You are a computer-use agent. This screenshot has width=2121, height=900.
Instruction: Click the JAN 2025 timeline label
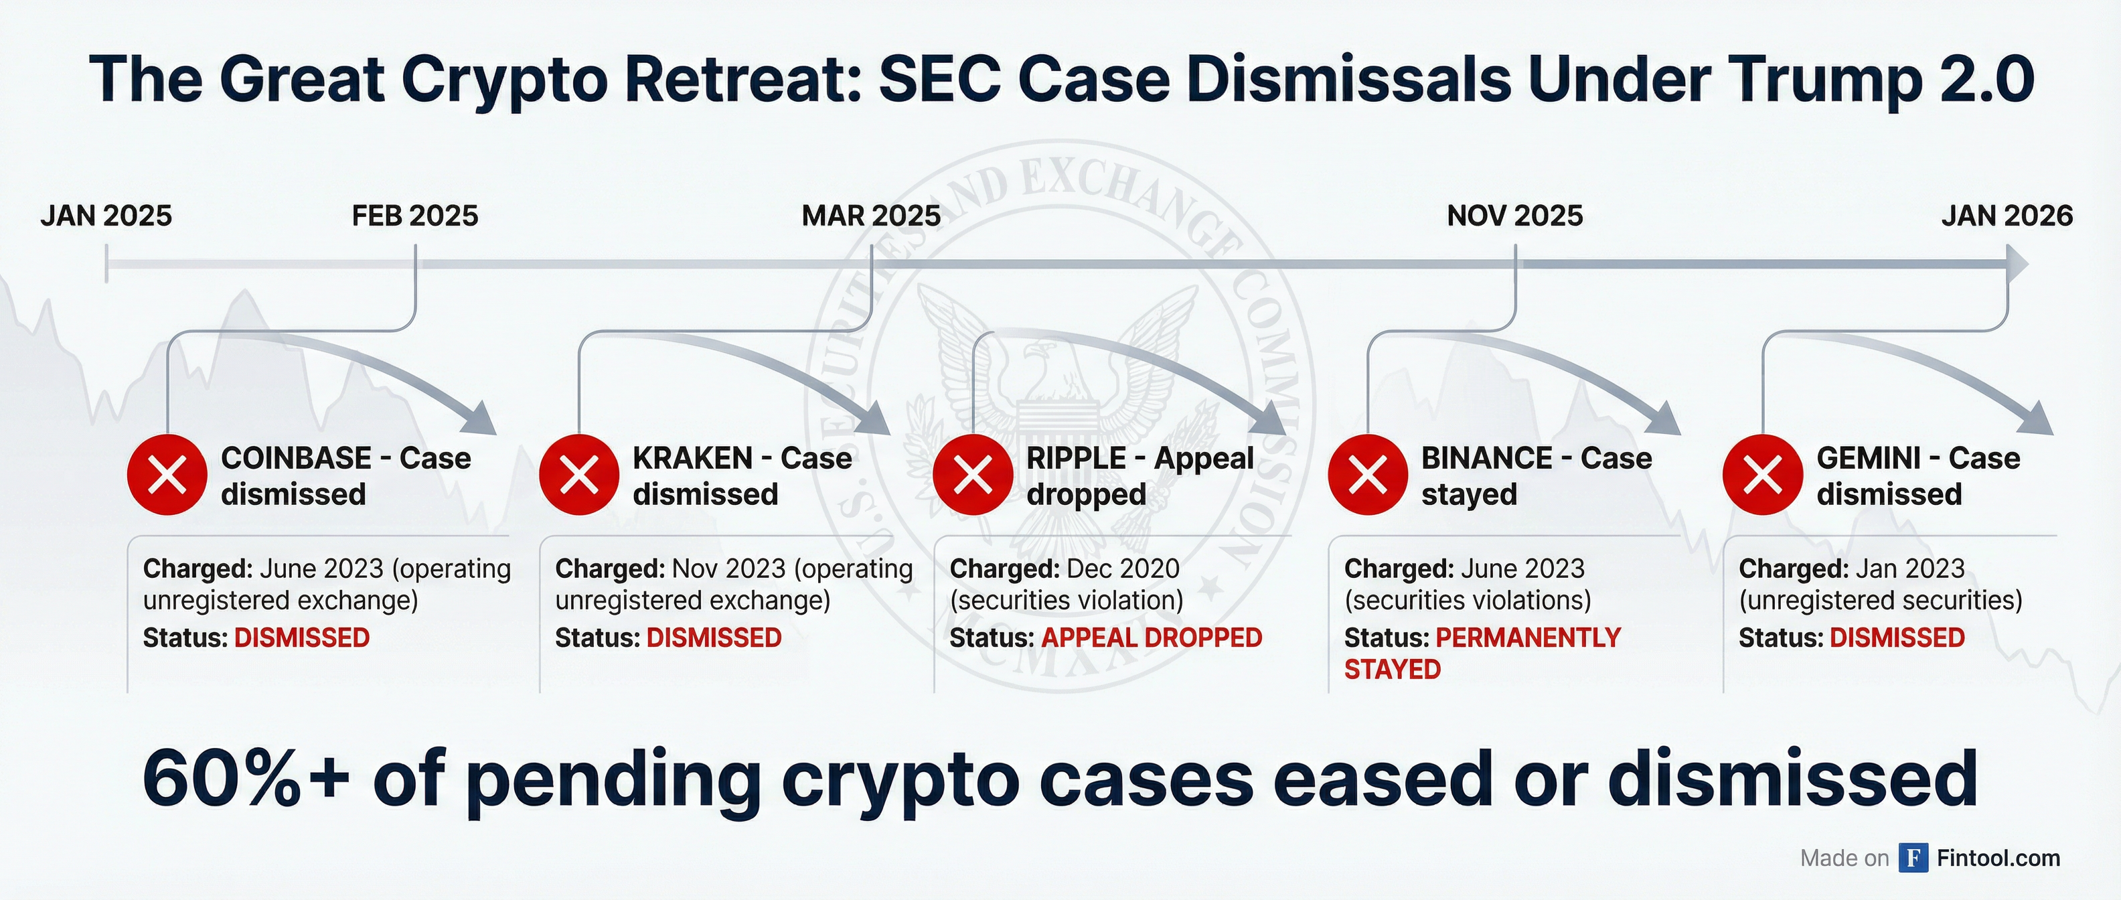click(x=106, y=216)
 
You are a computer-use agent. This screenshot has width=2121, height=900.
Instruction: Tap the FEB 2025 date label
click(x=415, y=216)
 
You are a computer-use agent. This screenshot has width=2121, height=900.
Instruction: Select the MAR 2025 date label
click(x=871, y=216)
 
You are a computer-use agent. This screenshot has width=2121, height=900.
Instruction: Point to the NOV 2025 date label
click(x=1515, y=216)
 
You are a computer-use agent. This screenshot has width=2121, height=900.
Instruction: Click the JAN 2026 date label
click(x=2007, y=216)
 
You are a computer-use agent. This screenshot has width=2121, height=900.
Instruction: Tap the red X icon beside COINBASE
click(x=167, y=475)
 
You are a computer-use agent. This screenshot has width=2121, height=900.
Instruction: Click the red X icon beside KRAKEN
click(x=579, y=475)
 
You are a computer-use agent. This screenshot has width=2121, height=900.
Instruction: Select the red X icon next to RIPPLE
click(x=973, y=475)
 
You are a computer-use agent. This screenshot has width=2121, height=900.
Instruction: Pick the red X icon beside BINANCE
click(x=1368, y=475)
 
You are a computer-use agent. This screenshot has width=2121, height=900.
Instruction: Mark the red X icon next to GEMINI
click(x=1763, y=475)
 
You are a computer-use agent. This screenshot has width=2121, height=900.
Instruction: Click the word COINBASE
click(x=297, y=458)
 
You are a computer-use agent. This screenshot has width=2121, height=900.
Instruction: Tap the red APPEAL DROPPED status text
click(x=1152, y=637)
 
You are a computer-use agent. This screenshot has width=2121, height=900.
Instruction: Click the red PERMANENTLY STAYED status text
click(x=1482, y=653)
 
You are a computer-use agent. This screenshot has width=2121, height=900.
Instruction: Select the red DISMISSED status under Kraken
click(x=714, y=637)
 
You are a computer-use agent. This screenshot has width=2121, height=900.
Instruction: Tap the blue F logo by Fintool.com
click(x=1913, y=858)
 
